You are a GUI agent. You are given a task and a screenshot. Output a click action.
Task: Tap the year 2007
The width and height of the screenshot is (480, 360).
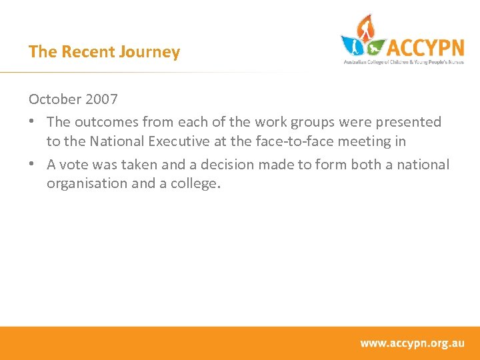[101, 99]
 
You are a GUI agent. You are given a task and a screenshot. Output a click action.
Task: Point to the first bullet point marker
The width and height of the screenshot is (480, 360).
[33, 122]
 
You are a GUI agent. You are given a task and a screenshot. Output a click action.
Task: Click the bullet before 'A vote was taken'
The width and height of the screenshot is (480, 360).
[33, 165]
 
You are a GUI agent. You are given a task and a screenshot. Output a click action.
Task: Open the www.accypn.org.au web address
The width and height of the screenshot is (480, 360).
[412, 343]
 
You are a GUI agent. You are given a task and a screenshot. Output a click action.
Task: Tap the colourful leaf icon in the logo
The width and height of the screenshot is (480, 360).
[363, 38]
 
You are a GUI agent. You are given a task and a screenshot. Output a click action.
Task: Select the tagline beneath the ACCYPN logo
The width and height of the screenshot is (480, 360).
[403, 61]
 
